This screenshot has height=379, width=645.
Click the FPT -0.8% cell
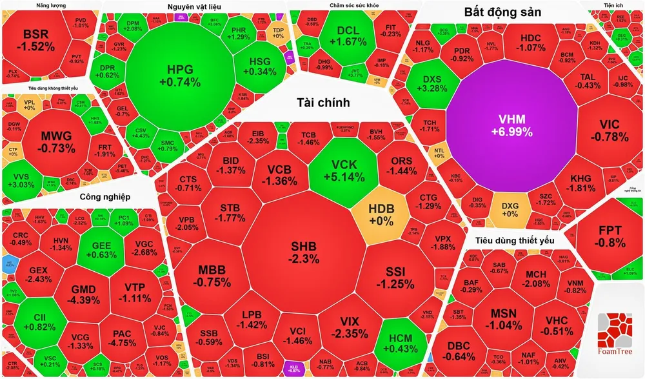click(611, 237)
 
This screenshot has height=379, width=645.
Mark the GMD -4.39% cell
click(84, 294)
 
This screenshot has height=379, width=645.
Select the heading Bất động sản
click(503, 12)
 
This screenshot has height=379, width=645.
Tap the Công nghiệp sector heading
click(105, 196)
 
